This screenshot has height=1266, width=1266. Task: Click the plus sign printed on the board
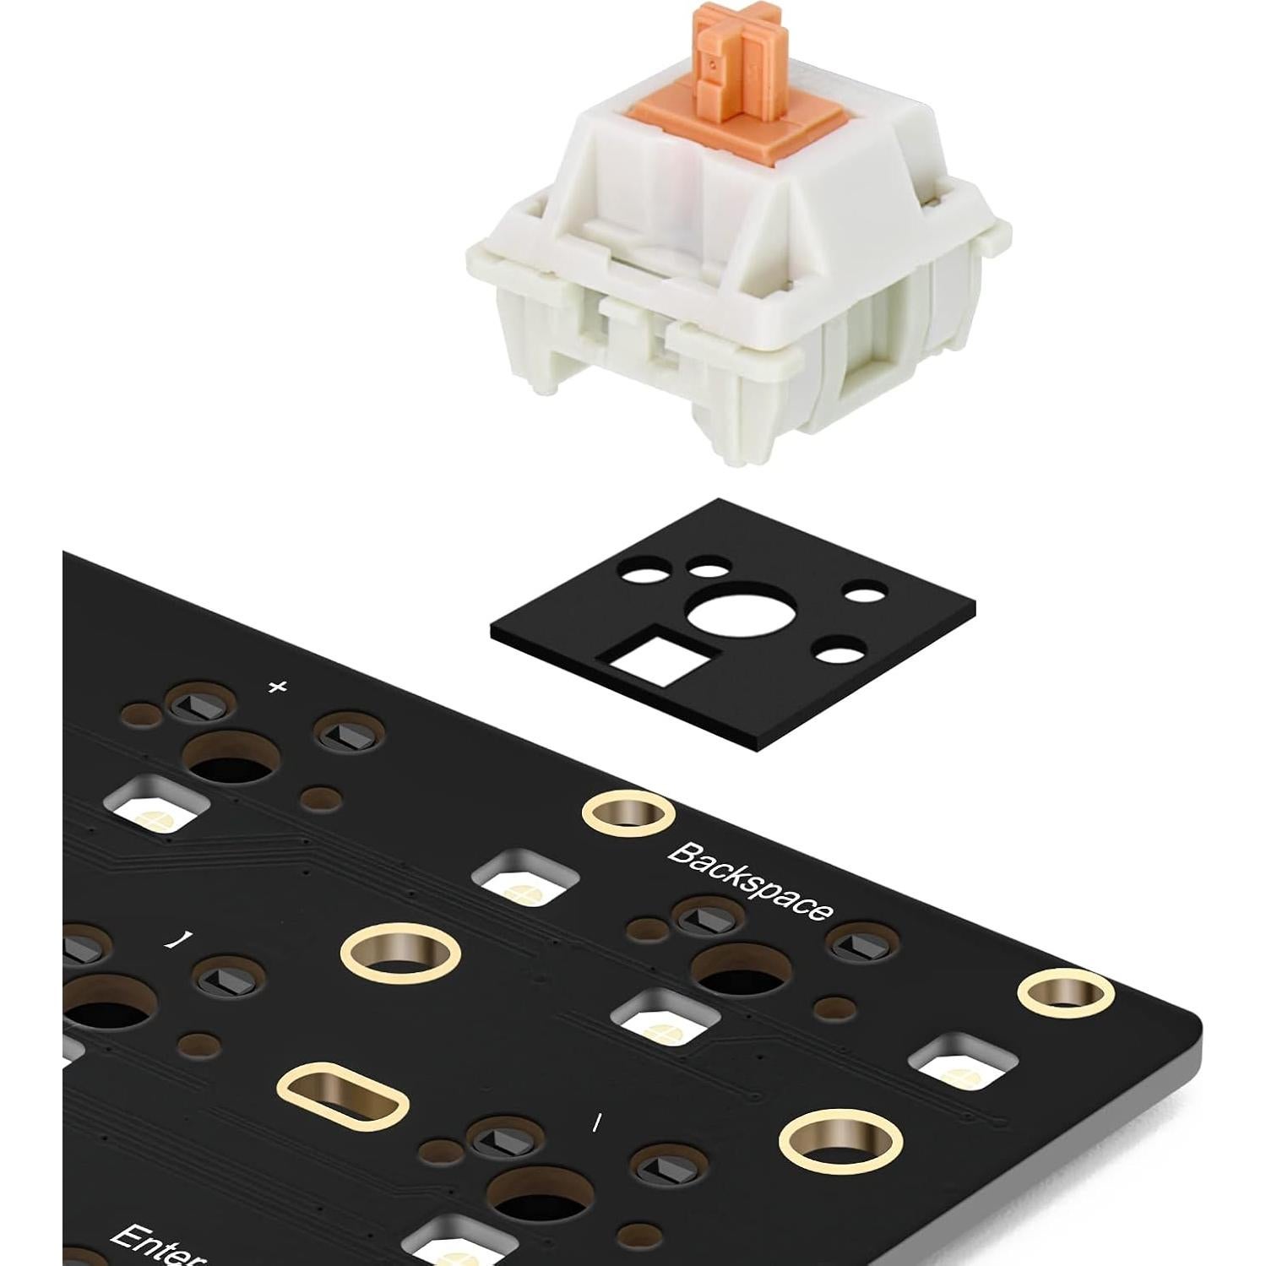click(277, 687)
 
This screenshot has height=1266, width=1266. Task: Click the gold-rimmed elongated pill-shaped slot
click(344, 1096)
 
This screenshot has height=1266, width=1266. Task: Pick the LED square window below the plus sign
click(158, 807)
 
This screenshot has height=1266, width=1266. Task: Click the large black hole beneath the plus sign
click(230, 758)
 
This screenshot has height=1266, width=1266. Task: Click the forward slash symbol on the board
click(596, 1122)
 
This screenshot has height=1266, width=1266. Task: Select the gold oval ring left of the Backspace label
click(400, 953)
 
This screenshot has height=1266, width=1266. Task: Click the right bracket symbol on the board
click(174, 940)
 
